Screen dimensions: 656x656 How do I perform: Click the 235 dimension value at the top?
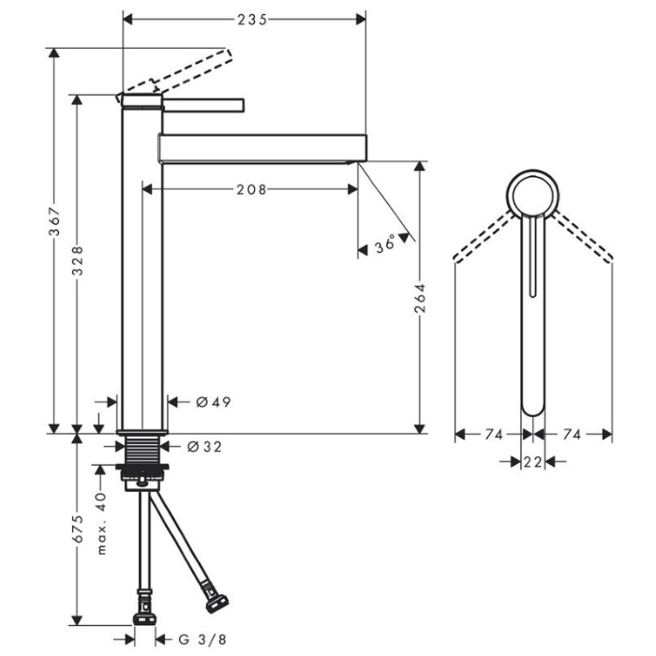coord(252,20)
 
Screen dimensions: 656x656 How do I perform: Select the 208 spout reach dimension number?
coord(251,190)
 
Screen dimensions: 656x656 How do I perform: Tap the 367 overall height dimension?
coord(54,221)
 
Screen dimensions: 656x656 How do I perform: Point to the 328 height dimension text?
coord(78,261)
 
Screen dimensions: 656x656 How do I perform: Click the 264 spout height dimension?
coord(420,298)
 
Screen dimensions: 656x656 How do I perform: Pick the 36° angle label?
coord(385,244)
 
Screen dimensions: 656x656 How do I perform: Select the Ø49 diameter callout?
coord(214,402)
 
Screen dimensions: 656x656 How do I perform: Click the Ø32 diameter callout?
coord(204,447)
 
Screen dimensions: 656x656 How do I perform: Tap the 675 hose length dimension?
coord(78,529)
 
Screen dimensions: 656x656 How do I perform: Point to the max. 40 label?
coord(101,523)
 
